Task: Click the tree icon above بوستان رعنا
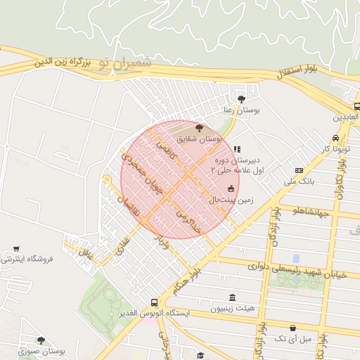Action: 242,99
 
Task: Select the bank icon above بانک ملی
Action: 299,170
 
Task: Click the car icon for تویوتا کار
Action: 336,138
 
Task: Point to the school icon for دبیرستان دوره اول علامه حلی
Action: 238,149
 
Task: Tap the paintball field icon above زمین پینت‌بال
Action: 231,188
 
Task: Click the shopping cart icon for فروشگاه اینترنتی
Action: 16,249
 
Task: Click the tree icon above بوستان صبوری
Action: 40,340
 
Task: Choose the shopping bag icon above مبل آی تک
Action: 292,328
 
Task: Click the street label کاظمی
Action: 167,148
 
